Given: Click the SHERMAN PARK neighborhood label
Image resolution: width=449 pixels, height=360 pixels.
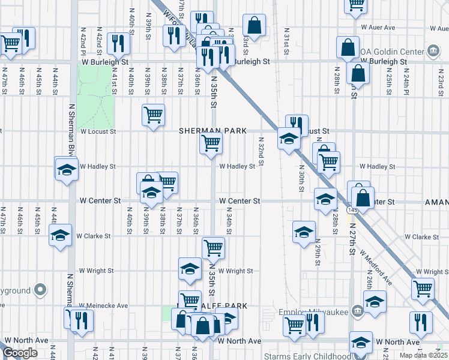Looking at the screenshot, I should click(x=209, y=130).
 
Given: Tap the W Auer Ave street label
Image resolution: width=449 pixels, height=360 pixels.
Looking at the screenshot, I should click(x=378, y=28).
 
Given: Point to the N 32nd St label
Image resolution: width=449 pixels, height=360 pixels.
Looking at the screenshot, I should click(x=261, y=151).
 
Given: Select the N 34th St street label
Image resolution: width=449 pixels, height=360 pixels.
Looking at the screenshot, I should click(x=229, y=221).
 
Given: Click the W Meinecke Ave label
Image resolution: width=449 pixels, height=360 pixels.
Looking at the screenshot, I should click(x=104, y=305).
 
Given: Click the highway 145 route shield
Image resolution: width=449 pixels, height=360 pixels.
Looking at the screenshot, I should click(x=352, y=211).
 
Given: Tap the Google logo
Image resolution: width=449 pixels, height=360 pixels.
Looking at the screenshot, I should click(x=20, y=353).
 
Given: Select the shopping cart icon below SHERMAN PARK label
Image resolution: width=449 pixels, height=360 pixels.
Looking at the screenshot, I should click(x=211, y=145).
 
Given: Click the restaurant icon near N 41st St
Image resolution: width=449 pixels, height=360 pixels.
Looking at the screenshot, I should click(x=118, y=43).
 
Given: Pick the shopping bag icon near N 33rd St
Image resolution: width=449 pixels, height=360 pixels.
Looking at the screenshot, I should click(x=254, y=25).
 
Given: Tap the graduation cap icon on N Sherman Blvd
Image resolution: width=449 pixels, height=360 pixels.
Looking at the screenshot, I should click(x=66, y=170).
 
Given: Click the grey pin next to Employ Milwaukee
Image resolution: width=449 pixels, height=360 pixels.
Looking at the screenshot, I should click(x=357, y=311).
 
